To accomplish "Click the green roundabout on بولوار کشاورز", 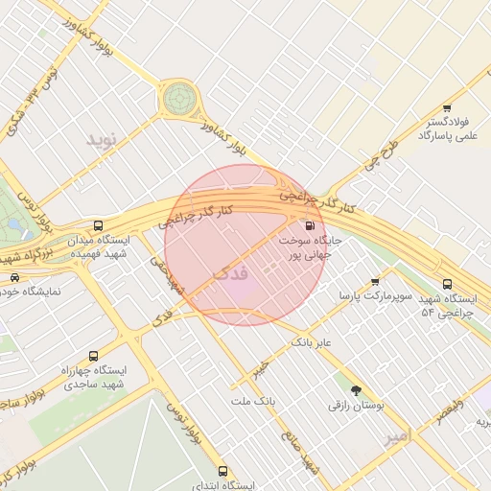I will tap(177, 97).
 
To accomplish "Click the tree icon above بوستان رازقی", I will tap(357, 390).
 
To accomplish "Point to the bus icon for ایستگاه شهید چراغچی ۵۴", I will tap(447, 283).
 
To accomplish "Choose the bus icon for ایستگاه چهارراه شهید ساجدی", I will tap(93, 355).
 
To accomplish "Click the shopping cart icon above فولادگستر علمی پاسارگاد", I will tap(446, 109).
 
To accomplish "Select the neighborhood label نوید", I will tap(101, 140).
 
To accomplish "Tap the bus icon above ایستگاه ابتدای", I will tap(222, 471).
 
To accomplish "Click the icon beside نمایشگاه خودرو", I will tap(13, 277).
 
